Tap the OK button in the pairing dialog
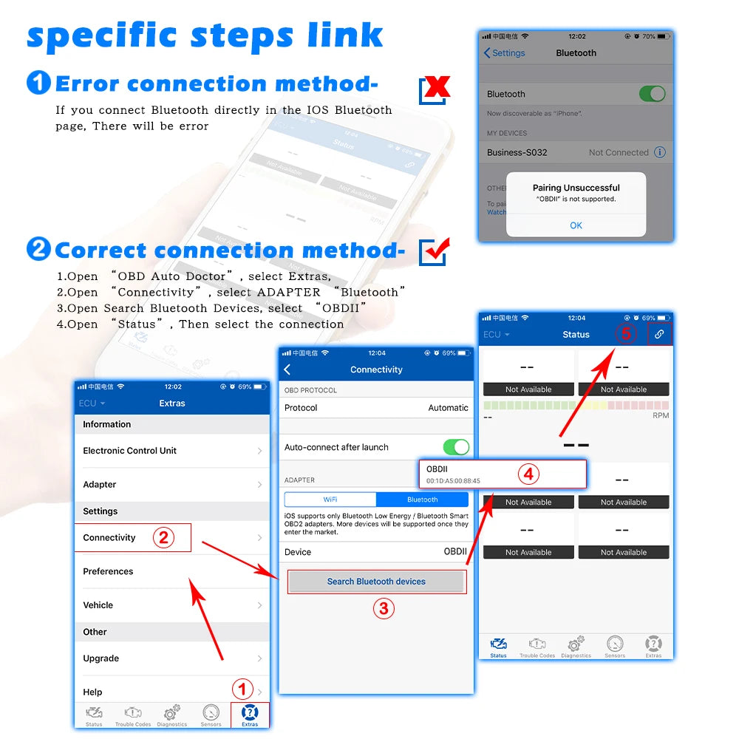click(576, 225)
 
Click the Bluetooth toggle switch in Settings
click(652, 94)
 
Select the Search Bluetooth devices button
click(376, 582)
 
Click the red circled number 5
click(626, 334)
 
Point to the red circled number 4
click(528, 474)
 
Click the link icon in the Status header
click(659, 334)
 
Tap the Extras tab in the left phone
click(250, 715)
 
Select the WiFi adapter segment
click(330, 500)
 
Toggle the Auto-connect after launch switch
click(455, 447)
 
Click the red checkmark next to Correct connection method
click(434, 252)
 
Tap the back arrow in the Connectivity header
click(287, 369)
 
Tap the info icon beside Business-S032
click(660, 152)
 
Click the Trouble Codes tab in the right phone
click(537, 646)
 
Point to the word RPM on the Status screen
click(661, 416)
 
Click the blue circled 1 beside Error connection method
click(38, 83)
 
